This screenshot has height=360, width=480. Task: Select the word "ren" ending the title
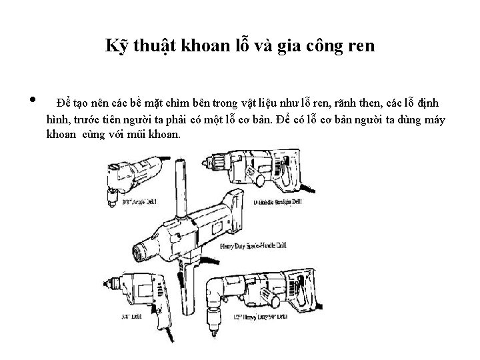(361, 46)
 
